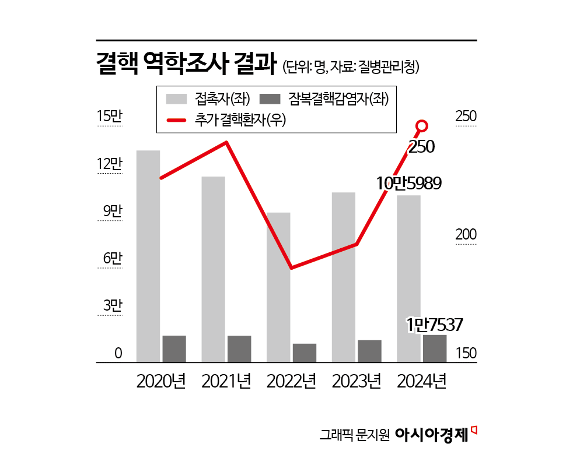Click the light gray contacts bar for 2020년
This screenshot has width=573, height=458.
pos(148,256)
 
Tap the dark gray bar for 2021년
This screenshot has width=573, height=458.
pos(239,349)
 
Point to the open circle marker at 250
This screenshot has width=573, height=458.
pos(422,125)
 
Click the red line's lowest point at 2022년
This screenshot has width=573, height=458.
pos(291,267)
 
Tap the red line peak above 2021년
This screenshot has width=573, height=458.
pos(226,142)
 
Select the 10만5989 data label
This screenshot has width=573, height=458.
pos(408,183)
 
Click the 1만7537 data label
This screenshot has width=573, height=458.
pos(435,325)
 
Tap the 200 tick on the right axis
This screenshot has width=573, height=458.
pos(466,235)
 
